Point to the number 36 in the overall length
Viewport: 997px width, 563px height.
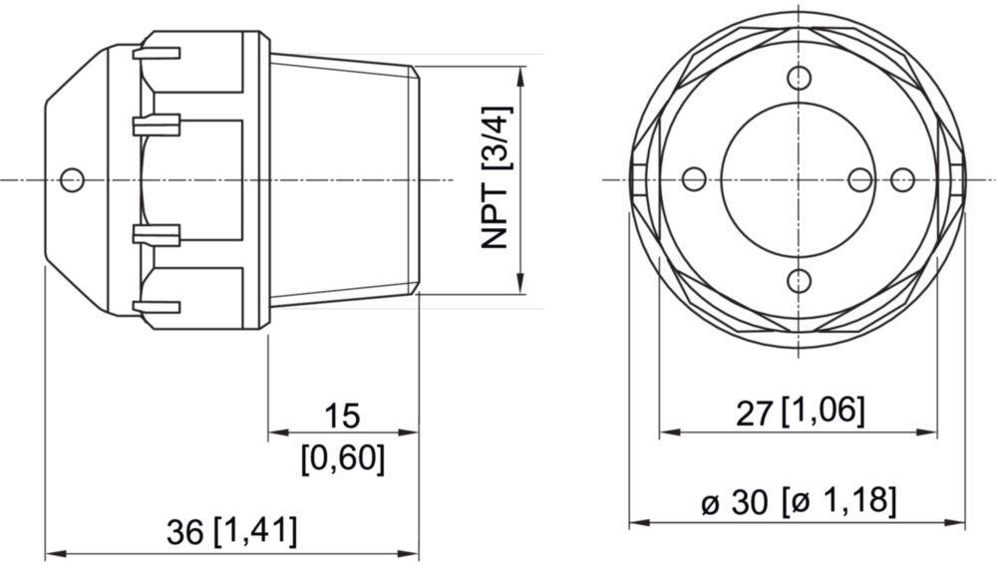(186, 531)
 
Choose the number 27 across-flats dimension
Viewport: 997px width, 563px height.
(755, 413)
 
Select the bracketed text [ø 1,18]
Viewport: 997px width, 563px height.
(839, 501)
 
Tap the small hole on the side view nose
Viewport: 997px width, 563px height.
(71, 179)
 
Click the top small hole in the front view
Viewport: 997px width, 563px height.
(799, 79)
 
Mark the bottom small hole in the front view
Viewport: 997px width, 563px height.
(799, 280)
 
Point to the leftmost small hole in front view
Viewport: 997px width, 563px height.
(694, 179)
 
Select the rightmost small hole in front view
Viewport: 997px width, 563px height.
(902, 179)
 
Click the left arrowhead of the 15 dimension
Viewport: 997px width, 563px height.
(276, 432)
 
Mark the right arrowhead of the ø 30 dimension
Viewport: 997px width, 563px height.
(958, 522)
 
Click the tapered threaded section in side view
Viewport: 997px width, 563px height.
(344, 179)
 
